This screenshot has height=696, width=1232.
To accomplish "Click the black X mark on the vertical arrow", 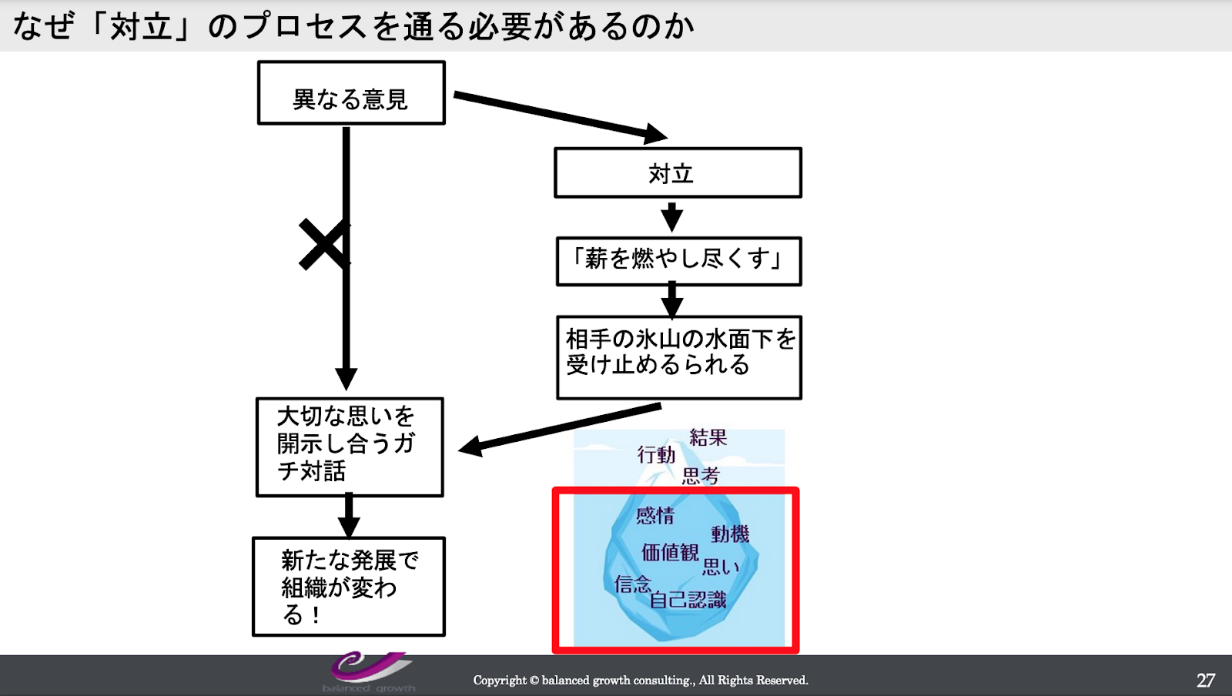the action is (x=324, y=244).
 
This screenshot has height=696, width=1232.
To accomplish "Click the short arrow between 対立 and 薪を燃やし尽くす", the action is (x=671, y=217).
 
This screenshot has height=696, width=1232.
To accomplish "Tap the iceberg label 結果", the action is (x=708, y=437).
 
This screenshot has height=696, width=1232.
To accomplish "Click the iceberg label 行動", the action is (x=656, y=455).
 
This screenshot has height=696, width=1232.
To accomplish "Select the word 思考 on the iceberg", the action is (x=701, y=476).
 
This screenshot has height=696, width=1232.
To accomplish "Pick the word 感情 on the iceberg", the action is (x=655, y=515).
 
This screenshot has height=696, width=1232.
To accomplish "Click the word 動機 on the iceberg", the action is (x=730, y=534).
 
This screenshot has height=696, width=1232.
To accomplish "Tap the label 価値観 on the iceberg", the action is (x=670, y=552).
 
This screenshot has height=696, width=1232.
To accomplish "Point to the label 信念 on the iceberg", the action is (x=633, y=584).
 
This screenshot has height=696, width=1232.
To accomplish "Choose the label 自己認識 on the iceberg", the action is (x=688, y=600).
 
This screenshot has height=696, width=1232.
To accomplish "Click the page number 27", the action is (x=1206, y=681).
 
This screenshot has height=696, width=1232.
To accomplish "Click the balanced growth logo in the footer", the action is (x=369, y=672).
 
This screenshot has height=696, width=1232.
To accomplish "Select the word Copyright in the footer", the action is (x=500, y=681).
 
